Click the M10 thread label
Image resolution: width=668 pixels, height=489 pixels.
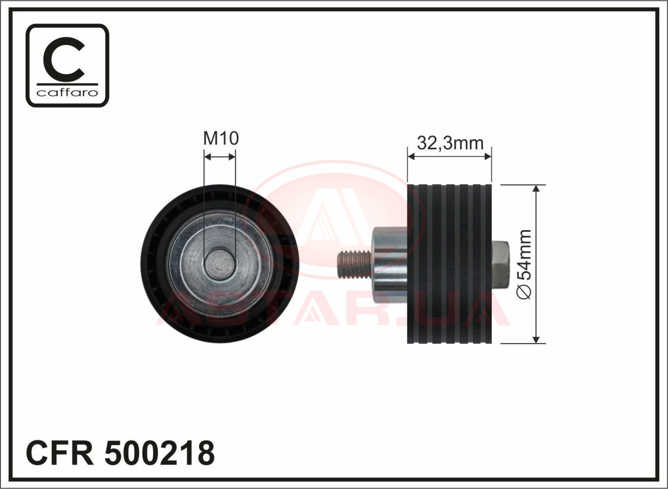pos(221,138)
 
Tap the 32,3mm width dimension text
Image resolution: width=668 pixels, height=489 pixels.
pos(450,143)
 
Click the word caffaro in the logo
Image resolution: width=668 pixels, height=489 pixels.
pos(67,92)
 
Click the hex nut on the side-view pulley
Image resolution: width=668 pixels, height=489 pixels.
pos(500,265)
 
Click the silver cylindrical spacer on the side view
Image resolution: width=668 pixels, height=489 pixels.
pos(390,265)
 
